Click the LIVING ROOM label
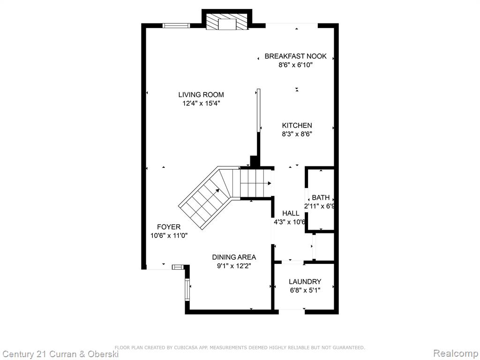click(201, 95)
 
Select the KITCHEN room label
click(297, 125)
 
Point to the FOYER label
click(169, 227)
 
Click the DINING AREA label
click(234, 257)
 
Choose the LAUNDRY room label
click(305, 282)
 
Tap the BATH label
click(321, 197)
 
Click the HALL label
click(291, 213)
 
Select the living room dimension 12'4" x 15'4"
click(202, 104)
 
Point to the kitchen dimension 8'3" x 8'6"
click(297, 134)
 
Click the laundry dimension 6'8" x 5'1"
click(305, 290)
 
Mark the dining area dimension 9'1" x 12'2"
click(234, 266)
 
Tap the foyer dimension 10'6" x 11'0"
click(169, 235)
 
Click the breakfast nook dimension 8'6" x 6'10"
click(293, 65)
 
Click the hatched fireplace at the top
click(226, 22)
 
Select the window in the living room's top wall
click(176, 25)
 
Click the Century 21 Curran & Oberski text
click(60, 354)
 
